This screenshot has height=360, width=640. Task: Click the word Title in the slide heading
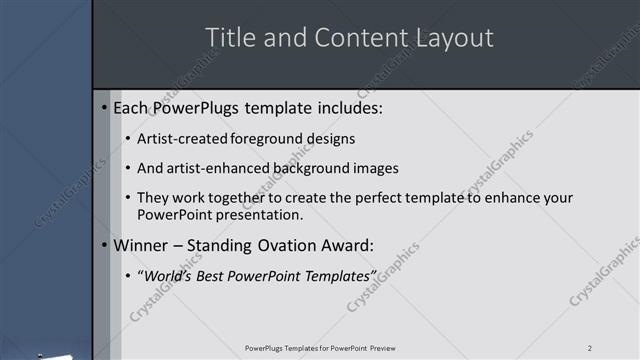point(227,38)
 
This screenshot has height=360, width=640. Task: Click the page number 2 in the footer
point(590,348)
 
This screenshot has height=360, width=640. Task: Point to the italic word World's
point(168,275)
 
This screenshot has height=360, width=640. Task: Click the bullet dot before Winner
point(105,245)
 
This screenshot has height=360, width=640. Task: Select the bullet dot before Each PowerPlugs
point(105,107)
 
